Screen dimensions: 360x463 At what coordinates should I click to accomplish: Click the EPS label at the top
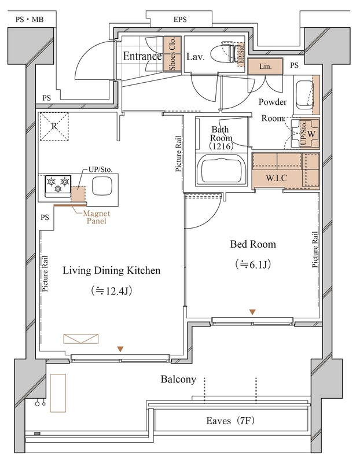click(x=180, y=20)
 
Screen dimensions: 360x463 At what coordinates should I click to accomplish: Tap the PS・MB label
click(x=30, y=20)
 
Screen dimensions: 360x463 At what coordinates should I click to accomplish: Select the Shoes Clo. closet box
click(x=172, y=54)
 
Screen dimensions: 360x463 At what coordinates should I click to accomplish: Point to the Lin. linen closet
click(x=265, y=66)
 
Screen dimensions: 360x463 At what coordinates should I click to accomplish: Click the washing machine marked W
click(x=306, y=134)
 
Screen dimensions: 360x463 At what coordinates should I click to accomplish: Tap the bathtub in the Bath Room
click(x=221, y=171)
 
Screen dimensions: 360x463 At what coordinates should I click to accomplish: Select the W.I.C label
click(x=276, y=178)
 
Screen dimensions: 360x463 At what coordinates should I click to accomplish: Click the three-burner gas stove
click(x=58, y=186)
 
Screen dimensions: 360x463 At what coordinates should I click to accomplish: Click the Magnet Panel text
click(x=96, y=217)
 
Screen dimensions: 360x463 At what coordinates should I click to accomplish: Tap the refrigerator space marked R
click(x=54, y=126)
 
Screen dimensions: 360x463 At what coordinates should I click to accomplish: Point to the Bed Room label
click(x=253, y=244)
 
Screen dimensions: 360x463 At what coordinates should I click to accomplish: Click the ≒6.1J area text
click(x=253, y=264)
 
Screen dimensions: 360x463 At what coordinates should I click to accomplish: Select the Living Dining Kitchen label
click(x=111, y=271)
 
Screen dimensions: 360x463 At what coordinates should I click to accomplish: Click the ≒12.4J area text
click(x=112, y=291)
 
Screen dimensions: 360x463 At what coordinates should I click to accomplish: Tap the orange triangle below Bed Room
click(x=252, y=312)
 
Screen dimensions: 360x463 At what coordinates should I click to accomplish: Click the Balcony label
click(x=178, y=380)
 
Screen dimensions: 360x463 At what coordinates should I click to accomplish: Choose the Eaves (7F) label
click(x=230, y=420)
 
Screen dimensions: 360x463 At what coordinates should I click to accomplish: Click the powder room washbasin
click(x=304, y=95)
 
